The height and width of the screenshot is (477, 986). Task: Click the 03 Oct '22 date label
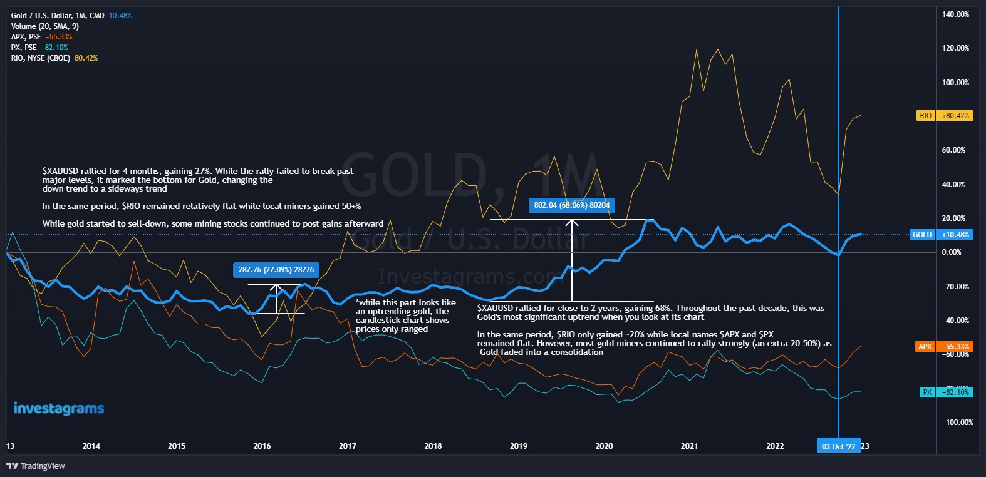[x=838, y=446]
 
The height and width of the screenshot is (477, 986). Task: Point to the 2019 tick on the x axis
[x=518, y=446]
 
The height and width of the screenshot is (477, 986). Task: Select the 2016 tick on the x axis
[x=262, y=446]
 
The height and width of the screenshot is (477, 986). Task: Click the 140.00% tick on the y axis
[x=955, y=14]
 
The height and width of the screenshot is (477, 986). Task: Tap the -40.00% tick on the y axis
[x=955, y=321]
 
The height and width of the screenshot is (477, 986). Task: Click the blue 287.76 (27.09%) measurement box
[x=276, y=270]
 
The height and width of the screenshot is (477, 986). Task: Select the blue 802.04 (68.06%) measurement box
[x=571, y=205]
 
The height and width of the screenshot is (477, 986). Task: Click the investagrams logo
[x=58, y=409]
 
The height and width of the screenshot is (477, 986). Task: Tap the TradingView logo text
[x=36, y=466]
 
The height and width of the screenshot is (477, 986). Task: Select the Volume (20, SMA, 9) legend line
[x=44, y=26]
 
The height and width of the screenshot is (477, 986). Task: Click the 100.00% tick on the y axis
[x=955, y=83]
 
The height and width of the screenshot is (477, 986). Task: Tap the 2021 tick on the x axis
[x=689, y=446]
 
